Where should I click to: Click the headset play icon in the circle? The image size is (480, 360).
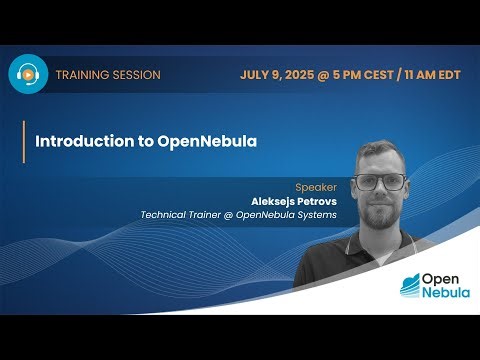click(x=29, y=74)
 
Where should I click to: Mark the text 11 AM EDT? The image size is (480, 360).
click(x=431, y=75)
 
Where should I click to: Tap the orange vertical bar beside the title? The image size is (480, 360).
click(x=24, y=141)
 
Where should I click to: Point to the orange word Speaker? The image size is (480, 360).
click(x=318, y=187)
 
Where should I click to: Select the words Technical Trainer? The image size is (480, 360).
click(x=180, y=214)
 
